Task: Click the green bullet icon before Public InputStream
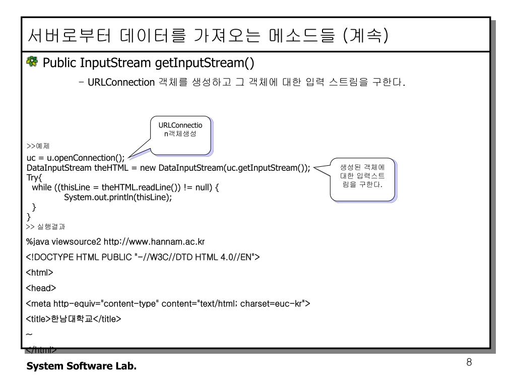(33, 63)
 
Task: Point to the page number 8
(469, 363)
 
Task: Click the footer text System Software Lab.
(81, 366)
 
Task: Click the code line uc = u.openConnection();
(75, 158)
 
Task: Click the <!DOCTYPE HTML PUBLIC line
(143, 257)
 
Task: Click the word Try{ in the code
(34, 177)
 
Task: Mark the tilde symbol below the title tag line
(29, 334)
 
